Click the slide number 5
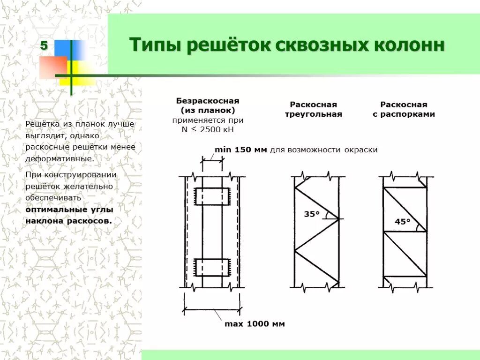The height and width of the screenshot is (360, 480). (x=44, y=46)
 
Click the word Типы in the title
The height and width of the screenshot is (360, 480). (x=153, y=46)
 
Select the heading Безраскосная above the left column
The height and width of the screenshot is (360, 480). (x=208, y=101)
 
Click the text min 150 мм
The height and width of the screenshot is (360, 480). (x=240, y=150)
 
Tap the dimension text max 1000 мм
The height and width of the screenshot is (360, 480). (x=255, y=324)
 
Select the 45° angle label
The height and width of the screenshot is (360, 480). (x=402, y=222)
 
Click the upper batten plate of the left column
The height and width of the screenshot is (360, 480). (x=212, y=196)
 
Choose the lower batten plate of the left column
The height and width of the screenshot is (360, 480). (x=212, y=266)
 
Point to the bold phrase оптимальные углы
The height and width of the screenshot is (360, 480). (x=69, y=209)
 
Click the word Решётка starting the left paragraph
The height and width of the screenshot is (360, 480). (x=42, y=124)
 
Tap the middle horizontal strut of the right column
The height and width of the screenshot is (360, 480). (x=405, y=232)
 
